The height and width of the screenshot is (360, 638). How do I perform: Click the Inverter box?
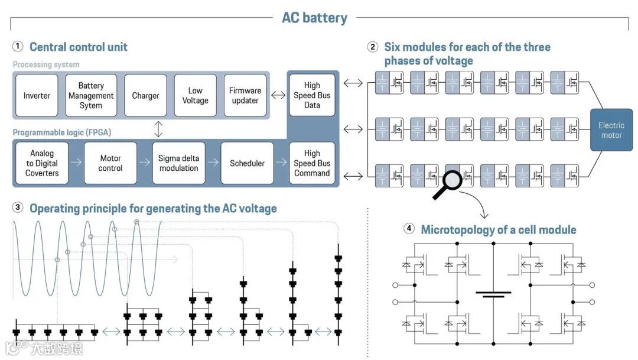point(37,96)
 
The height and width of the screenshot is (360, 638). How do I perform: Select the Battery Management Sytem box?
point(91,96)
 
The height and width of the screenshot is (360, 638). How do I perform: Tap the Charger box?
point(145,96)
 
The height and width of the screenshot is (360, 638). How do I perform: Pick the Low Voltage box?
point(195,96)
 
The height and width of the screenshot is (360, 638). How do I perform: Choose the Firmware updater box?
point(245,96)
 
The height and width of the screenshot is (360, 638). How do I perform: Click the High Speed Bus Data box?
point(312,96)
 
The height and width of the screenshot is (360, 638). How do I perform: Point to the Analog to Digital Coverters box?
point(42,163)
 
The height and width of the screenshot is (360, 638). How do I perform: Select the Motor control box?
point(110,163)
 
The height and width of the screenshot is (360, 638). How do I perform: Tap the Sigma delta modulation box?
point(178,163)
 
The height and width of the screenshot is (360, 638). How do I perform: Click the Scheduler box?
point(247,163)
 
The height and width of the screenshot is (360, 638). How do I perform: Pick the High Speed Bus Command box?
point(312,163)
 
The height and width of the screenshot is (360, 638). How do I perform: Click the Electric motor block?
point(611,130)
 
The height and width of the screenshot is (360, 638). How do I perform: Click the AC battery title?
point(314,17)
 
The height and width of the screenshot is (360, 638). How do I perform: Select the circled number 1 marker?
point(18,47)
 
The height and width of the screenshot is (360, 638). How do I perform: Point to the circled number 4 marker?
point(409,229)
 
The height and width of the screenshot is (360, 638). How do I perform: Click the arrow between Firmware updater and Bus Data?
point(278,95)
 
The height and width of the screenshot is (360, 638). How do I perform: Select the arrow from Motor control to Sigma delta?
point(145,163)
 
